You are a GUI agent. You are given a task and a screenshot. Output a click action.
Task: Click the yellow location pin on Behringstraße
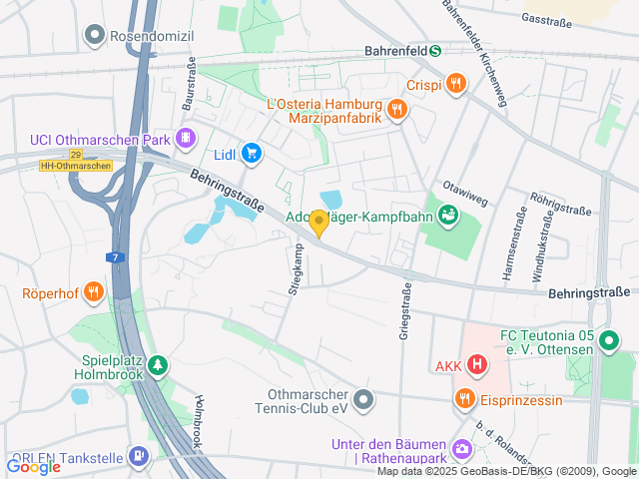point(319,223)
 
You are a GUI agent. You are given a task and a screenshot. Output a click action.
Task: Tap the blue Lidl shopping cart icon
point(252,154)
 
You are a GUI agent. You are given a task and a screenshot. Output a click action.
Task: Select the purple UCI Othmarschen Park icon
point(185,139)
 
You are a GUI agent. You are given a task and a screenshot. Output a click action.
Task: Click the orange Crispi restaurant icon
point(456,84)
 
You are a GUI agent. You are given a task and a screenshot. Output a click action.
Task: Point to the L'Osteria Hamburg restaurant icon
point(397,109)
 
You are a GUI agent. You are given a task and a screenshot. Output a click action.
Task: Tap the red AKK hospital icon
point(477,365)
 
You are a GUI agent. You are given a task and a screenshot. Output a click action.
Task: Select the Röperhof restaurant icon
point(93,292)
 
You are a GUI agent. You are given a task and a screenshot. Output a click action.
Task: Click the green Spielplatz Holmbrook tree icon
point(158,367)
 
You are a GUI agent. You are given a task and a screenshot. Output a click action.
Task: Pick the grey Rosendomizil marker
point(95,36)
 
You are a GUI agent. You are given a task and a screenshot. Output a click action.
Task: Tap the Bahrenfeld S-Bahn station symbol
point(435,51)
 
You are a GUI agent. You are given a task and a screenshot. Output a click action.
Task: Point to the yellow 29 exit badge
point(76,154)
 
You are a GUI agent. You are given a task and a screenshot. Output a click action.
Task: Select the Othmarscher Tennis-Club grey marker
point(364,400)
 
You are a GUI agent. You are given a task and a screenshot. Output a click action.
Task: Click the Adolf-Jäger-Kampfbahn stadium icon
point(448,215)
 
